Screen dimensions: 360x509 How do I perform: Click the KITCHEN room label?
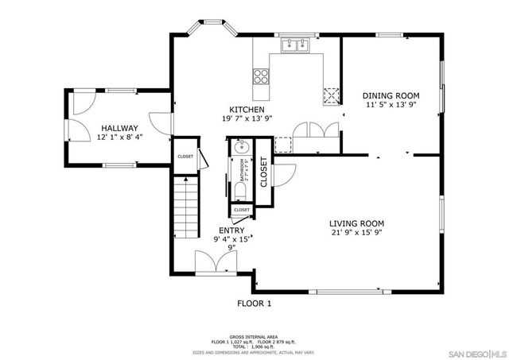tap(247, 110)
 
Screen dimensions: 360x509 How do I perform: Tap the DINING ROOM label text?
tap(392, 95)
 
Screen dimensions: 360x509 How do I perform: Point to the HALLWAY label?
tap(119, 128)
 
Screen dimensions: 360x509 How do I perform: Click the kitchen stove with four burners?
tap(261, 76)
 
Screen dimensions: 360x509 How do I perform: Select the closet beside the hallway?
tap(185, 157)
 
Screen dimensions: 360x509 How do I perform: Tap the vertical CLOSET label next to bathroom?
tap(263, 172)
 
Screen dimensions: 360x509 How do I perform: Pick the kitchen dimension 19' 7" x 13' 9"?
tap(247, 119)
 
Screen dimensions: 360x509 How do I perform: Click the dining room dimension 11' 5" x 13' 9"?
tap(392, 105)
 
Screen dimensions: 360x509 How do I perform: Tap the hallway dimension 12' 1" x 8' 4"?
tap(119, 137)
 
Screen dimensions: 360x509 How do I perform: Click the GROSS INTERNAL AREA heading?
tap(254, 336)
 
